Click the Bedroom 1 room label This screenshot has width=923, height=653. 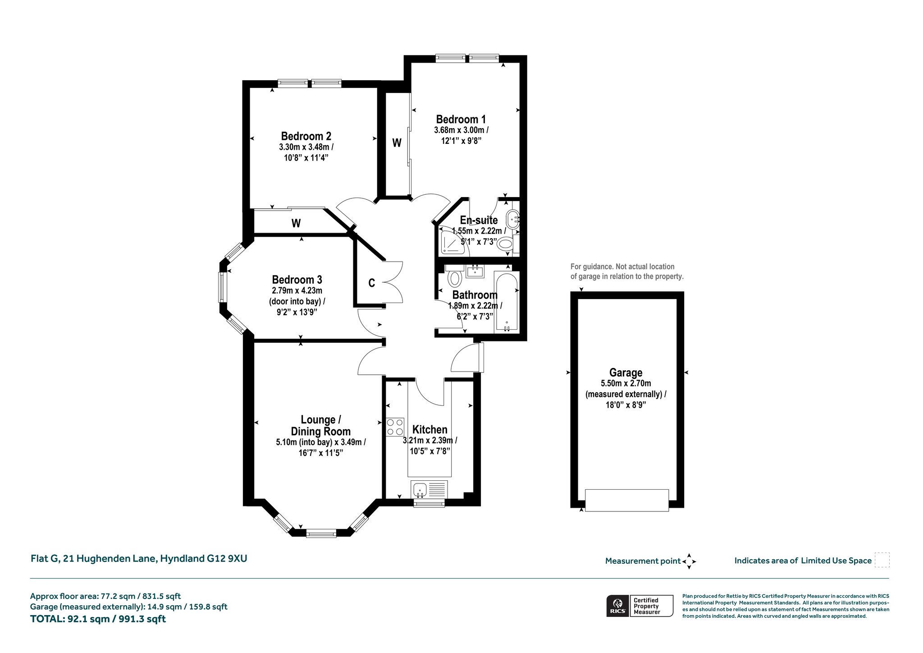461,120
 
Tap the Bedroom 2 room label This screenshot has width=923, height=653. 306,136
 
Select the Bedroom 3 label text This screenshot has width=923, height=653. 297,280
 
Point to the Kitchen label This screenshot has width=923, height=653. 430,430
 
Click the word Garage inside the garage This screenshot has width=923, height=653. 626,373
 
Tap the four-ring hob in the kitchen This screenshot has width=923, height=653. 395,427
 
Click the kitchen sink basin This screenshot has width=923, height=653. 420,488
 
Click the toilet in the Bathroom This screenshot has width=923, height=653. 455,276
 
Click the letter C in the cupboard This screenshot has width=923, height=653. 372,283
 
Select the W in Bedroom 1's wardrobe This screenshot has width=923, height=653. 397,143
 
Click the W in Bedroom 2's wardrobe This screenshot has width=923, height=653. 296,223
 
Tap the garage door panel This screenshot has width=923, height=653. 626,500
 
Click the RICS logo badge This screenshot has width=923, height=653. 617,606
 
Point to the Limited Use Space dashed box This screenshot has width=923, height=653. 882,560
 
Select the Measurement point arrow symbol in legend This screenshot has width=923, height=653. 689,561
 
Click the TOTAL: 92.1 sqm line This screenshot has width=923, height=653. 98,619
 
